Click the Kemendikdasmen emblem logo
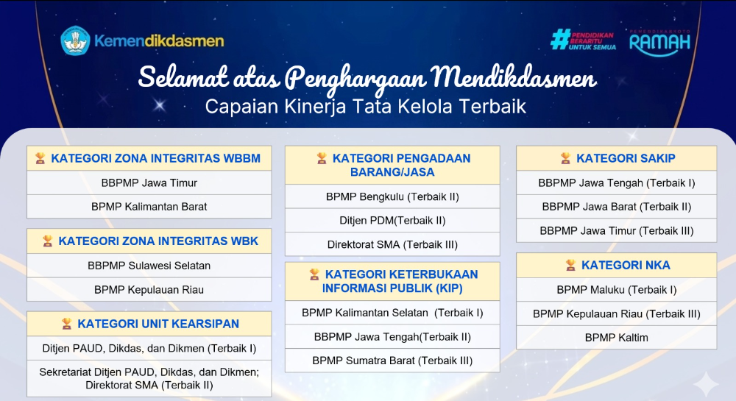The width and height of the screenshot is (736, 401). point(75,40)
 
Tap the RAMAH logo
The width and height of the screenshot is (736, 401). point(659,43)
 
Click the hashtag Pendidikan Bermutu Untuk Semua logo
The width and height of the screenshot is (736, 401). point(583,40)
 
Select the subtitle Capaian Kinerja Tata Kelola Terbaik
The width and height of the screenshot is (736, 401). point(365,107)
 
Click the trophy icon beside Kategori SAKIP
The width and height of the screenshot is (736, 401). point(565,158)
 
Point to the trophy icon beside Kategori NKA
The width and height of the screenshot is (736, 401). point(570,266)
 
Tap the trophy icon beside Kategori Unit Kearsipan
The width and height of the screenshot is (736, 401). point(67,324)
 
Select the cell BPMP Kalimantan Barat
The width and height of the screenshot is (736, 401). point(149,207)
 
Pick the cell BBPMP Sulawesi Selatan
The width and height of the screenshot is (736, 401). point(149,266)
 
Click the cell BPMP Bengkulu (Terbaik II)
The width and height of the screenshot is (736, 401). point(392,196)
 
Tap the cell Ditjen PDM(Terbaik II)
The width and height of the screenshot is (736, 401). point(392,221)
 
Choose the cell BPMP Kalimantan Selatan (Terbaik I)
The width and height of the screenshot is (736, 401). point(392,313)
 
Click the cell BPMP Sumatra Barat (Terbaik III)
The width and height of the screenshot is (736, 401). point(392,361)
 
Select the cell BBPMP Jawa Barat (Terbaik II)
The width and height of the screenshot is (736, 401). point(617,207)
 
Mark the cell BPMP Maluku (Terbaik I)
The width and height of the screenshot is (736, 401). point(617,290)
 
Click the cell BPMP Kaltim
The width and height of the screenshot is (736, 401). point(617,338)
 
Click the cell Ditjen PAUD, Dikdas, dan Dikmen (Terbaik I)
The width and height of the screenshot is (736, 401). point(149,349)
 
